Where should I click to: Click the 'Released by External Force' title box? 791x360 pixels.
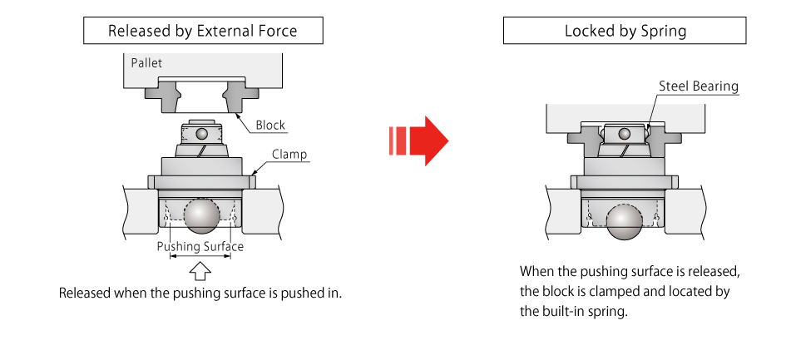coord(202,32)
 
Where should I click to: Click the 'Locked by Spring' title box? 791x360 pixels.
coord(625,32)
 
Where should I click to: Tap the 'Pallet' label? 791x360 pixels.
coord(146,62)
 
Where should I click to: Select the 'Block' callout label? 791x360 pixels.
coord(270,126)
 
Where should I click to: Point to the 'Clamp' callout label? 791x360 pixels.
coord(289,154)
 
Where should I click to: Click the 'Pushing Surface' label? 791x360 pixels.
coord(200,246)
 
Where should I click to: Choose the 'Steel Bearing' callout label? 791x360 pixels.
coord(698,86)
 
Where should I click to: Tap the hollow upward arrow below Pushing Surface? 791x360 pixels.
coord(200,271)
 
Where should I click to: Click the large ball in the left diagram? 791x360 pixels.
coord(202,215)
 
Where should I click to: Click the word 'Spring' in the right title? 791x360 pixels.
coord(664,32)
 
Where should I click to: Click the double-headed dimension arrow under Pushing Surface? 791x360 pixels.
coord(200,257)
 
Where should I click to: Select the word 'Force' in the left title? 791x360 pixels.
coord(277,32)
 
